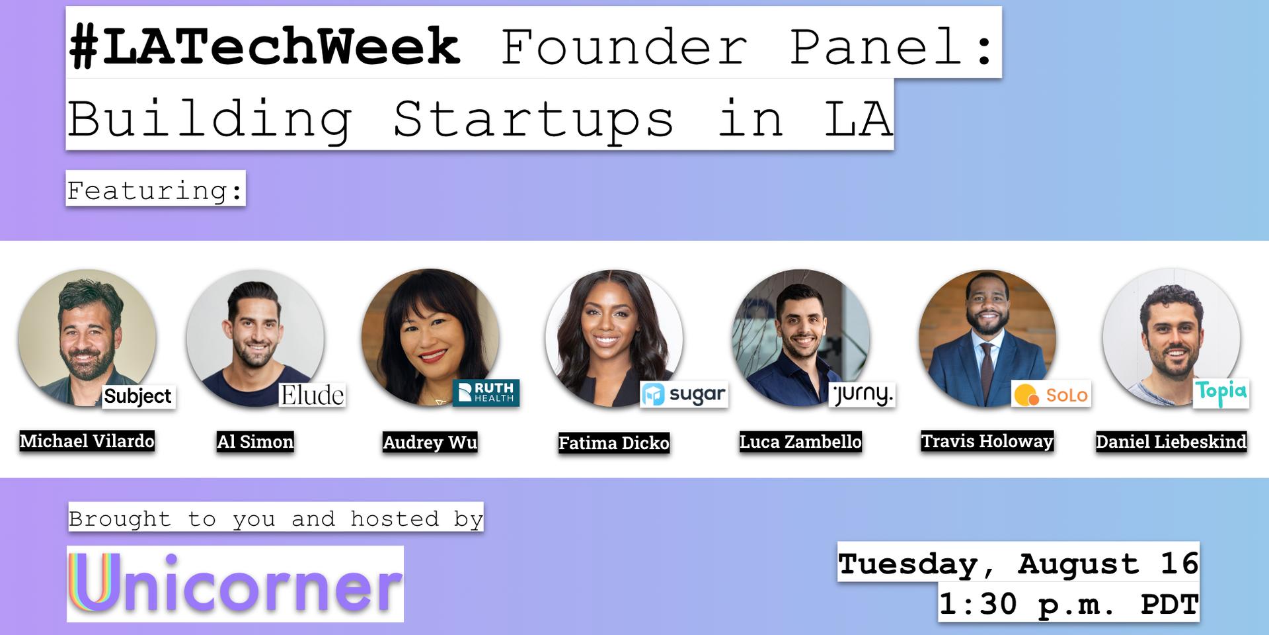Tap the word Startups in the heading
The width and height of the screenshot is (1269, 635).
(x=534, y=120)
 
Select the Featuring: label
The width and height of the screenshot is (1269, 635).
(x=156, y=190)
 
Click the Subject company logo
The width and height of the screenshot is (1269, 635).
(x=138, y=396)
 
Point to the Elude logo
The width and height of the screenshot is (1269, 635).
(x=312, y=395)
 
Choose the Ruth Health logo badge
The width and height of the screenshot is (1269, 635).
(x=486, y=393)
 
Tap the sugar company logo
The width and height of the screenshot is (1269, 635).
(x=684, y=395)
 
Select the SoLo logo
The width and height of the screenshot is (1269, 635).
(x=1051, y=395)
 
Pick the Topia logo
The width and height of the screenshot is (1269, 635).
(x=1221, y=393)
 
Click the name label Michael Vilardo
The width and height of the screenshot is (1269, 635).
(x=87, y=441)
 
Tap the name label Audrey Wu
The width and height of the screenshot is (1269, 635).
(x=430, y=442)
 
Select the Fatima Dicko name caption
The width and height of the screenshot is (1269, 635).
(x=614, y=443)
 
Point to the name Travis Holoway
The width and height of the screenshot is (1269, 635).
(x=987, y=441)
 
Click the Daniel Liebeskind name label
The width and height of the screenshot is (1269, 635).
(x=1171, y=442)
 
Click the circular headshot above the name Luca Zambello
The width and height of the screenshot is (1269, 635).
(x=801, y=337)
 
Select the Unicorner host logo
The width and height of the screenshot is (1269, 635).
(x=235, y=583)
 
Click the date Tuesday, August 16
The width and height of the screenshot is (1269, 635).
(x=1019, y=563)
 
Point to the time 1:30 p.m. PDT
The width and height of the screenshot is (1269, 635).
(x=1069, y=603)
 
